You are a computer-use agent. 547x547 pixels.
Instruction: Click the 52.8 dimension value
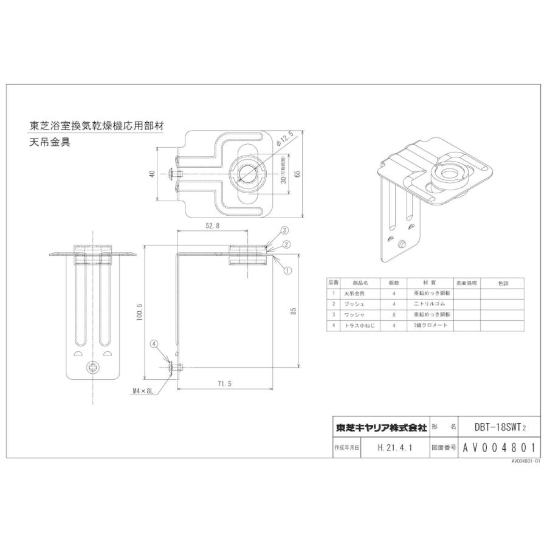click(212, 225)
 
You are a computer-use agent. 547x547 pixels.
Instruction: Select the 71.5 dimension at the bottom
click(225, 384)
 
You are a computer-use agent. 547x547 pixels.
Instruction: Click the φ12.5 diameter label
click(285, 138)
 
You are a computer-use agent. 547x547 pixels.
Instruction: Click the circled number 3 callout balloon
click(284, 230)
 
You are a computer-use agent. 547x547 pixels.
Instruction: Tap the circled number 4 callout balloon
click(154, 343)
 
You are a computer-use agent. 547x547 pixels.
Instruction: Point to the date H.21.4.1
click(394, 449)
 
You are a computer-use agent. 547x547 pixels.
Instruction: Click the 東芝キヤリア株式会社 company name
click(381, 427)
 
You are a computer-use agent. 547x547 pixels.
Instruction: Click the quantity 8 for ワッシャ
click(394, 314)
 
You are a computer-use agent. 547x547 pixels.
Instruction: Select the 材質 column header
click(430, 283)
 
